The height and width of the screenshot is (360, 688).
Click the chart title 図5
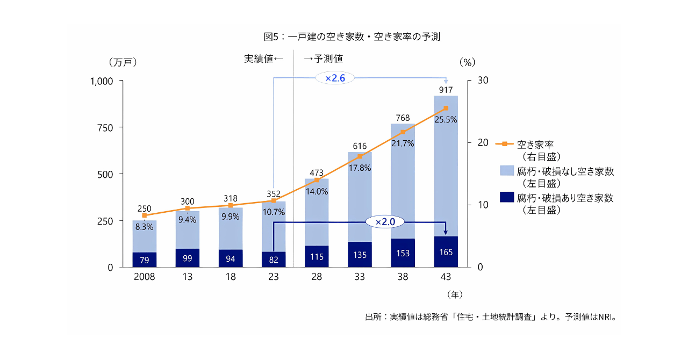coord(352,37)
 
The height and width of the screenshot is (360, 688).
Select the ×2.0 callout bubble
coord(385,221)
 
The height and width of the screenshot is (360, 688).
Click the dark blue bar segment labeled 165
coord(446,251)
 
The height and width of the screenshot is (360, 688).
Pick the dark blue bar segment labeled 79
coord(145,260)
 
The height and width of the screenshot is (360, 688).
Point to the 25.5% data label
coord(446,120)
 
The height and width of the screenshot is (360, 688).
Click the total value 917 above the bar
coord(446,90)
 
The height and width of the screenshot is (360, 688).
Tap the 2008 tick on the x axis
coord(144,277)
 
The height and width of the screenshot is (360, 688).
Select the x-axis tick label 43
coord(446,277)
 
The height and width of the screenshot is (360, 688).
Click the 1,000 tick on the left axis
coord(108,81)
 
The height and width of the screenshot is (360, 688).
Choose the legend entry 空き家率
coord(535,145)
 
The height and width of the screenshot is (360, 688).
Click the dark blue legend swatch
coord(507,197)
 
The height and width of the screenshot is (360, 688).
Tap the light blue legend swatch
coord(507,171)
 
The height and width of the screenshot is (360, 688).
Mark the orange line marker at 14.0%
coord(317,180)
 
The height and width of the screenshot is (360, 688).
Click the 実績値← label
coord(263,59)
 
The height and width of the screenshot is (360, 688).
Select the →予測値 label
coord(324,59)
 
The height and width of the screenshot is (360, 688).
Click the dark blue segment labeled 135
coord(360,255)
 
